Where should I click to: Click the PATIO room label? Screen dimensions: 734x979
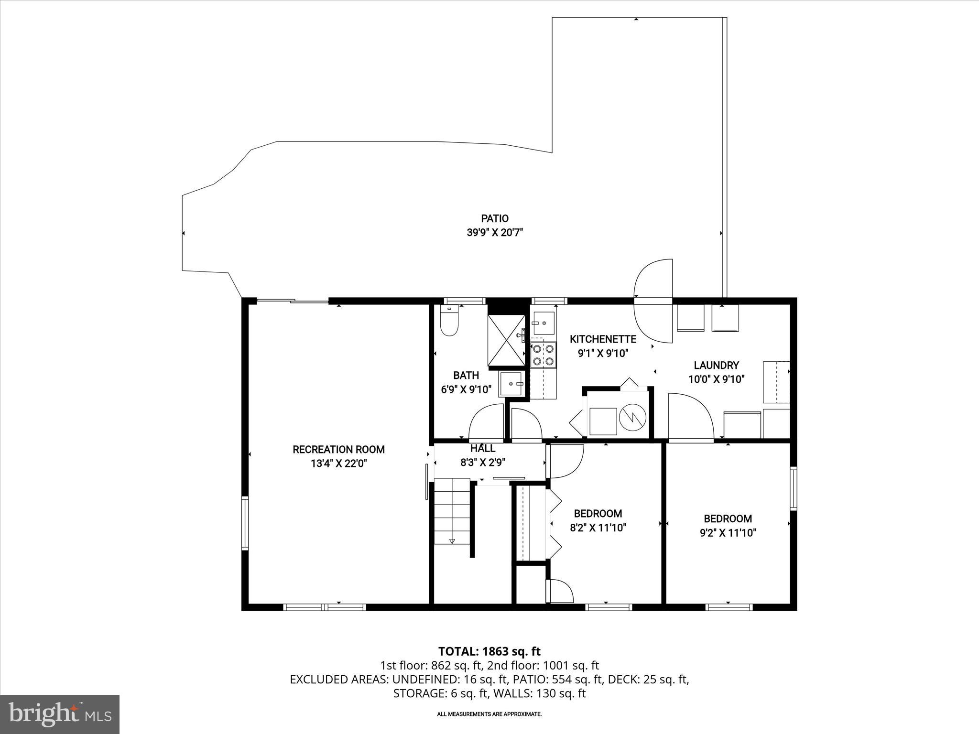coord(495,219)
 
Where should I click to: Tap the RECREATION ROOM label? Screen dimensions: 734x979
coord(338,450)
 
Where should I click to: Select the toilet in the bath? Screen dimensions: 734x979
coord(449,322)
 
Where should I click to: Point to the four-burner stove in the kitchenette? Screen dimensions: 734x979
coord(544,355)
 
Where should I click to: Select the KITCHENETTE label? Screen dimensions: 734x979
coord(603,339)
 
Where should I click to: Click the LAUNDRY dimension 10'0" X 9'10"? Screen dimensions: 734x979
coord(716,380)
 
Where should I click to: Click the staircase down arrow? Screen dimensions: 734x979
coord(452,541)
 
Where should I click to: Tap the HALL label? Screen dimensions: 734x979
coord(483,449)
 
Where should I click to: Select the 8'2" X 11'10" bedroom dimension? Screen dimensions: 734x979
coord(598,528)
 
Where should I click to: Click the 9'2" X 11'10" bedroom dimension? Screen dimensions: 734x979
coord(728,533)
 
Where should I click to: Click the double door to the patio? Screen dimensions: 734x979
coord(653,301)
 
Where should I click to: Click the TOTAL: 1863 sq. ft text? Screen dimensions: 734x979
coord(489,651)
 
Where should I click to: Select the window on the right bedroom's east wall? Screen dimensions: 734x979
coord(793,488)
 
